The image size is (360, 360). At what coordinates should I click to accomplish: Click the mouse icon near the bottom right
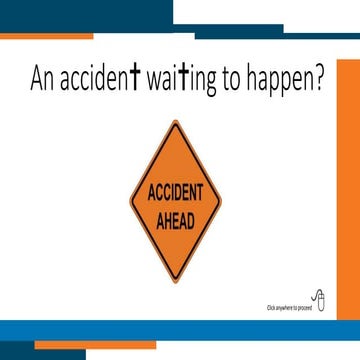tap(318, 299)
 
